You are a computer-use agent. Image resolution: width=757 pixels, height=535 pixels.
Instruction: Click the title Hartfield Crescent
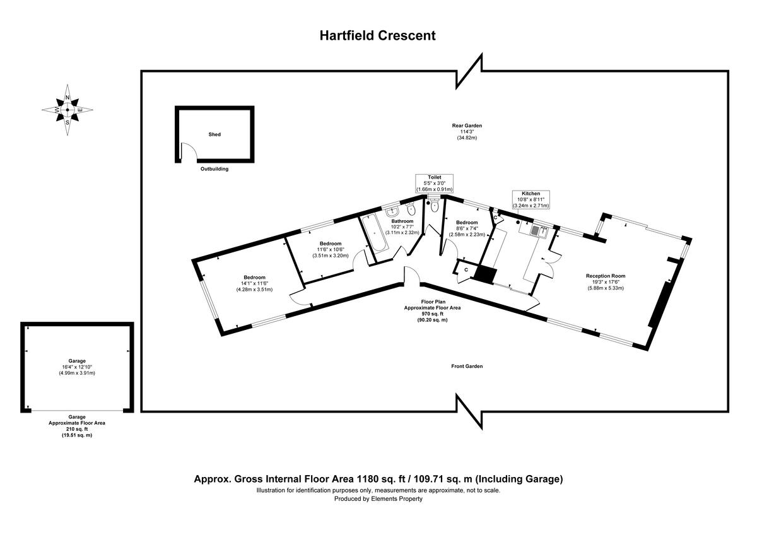(x=377, y=36)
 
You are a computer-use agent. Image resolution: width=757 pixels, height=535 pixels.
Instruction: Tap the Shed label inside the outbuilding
(x=214, y=134)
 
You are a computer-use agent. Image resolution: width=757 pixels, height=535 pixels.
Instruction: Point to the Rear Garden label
(x=467, y=126)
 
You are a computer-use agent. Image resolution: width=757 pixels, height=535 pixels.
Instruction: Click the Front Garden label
(x=467, y=367)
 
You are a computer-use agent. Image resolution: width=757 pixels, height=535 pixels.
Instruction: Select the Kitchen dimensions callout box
(x=531, y=199)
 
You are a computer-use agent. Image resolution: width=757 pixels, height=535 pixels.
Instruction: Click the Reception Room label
(x=605, y=276)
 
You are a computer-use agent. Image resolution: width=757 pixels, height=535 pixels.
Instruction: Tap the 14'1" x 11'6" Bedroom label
(x=254, y=278)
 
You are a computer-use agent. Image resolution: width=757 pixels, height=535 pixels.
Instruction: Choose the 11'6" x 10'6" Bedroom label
(x=330, y=244)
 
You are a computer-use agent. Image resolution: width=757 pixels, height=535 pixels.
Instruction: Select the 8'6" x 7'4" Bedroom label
(x=467, y=223)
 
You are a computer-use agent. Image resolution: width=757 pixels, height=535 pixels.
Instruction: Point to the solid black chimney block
(x=485, y=274)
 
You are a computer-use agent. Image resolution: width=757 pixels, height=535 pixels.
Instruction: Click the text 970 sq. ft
(x=432, y=314)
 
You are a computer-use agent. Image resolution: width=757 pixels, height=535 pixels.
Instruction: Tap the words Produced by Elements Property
(x=378, y=498)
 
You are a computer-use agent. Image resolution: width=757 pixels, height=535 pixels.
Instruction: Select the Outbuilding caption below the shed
(x=214, y=169)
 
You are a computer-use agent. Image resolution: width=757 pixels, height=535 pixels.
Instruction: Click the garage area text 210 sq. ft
(x=77, y=429)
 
